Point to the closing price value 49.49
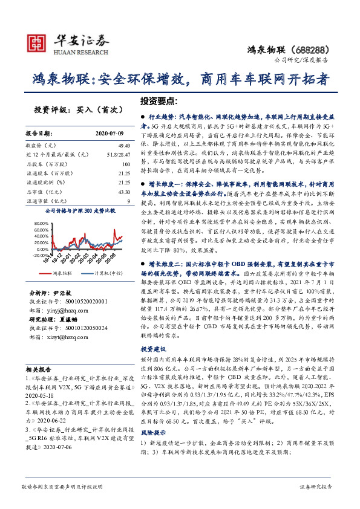[124, 146]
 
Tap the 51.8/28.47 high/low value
[118, 155]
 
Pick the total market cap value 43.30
[123, 192]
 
